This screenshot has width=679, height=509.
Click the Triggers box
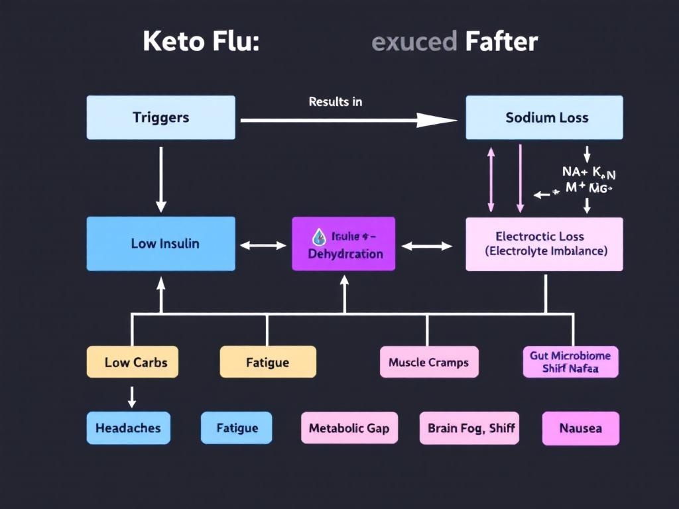pos(160,117)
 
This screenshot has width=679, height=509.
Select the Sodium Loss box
pos(544,117)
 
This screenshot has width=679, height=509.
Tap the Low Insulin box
pos(160,243)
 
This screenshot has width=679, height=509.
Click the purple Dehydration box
pos(343,244)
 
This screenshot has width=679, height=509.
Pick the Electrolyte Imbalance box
pos(544,244)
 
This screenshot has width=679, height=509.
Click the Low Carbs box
pos(133,362)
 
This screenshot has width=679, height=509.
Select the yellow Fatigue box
pos(268,362)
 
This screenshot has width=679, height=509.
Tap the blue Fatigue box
pos(237,428)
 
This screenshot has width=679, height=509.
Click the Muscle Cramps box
pos(428,362)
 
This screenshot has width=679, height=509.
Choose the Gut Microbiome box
pos(570,362)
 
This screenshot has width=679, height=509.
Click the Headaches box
pos(128,428)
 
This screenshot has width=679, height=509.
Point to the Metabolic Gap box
pos(349,428)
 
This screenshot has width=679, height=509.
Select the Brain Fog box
pos(468,428)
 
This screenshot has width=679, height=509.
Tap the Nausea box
pos(581,428)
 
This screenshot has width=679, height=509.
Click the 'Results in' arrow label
pos(335,102)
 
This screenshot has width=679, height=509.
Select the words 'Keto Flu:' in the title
pos(201,42)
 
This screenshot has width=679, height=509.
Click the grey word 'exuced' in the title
pos(414,42)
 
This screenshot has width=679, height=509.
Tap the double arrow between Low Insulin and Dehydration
pos(263,245)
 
